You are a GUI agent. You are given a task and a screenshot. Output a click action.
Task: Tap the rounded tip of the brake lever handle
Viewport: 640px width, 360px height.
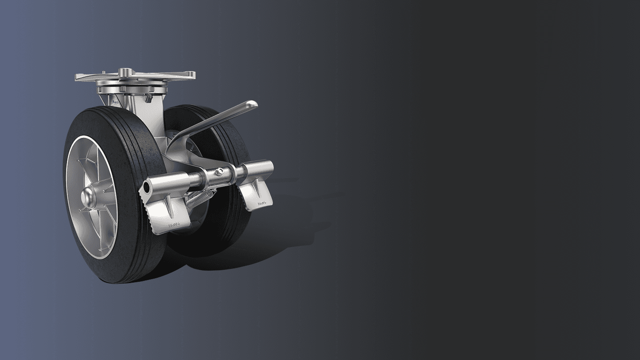(252, 104)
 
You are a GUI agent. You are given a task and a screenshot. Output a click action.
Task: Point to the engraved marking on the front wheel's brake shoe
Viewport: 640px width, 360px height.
(176, 225)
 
